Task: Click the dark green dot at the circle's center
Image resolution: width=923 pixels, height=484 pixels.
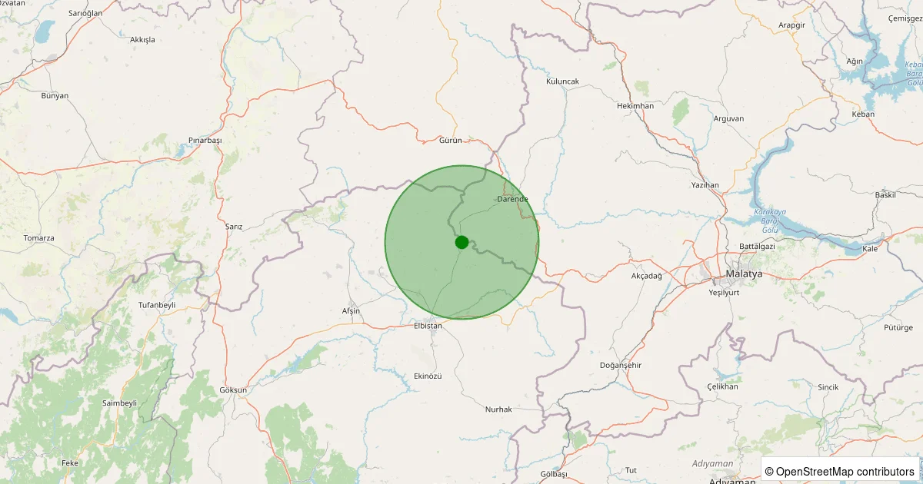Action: (461, 242)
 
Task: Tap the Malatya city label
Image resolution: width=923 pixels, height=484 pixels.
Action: (744, 274)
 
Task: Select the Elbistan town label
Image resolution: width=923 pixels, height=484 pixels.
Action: (428, 326)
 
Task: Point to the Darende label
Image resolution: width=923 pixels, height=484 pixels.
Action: (513, 199)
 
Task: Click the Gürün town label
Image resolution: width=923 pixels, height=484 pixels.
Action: (450, 140)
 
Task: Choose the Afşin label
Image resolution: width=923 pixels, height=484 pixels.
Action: (351, 310)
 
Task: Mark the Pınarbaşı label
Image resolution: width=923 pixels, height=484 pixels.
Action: (205, 141)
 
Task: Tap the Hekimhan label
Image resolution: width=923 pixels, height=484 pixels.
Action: (635, 106)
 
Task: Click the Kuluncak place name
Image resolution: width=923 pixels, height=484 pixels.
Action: (562, 81)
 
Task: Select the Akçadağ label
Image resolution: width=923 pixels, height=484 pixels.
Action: (646, 275)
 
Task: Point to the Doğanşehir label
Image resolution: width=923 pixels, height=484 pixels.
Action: (621, 365)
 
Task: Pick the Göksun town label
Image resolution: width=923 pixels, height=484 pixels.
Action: (233, 390)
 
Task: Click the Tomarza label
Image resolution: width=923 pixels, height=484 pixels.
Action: (38, 238)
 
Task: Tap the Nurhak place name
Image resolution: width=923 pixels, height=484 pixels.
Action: (498, 409)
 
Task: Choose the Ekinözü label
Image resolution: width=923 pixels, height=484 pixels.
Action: (428, 376)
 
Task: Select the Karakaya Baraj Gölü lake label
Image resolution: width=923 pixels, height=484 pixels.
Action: (769, 220)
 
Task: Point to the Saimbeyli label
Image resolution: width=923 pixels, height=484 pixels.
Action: (119, 403)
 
